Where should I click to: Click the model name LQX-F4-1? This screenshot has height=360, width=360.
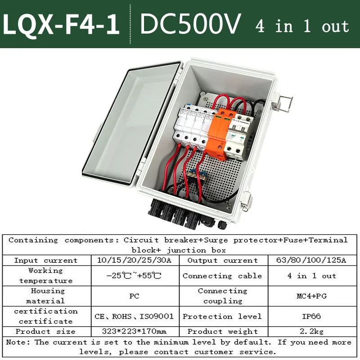click(62, 25)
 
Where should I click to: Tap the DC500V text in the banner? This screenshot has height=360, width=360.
click(191, 24)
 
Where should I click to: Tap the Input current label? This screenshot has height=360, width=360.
click(45, 260)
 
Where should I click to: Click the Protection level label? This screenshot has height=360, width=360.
click(222, 316)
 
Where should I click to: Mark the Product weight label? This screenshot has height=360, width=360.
click(222, 331)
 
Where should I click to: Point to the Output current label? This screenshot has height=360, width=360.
click(222, 260)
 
